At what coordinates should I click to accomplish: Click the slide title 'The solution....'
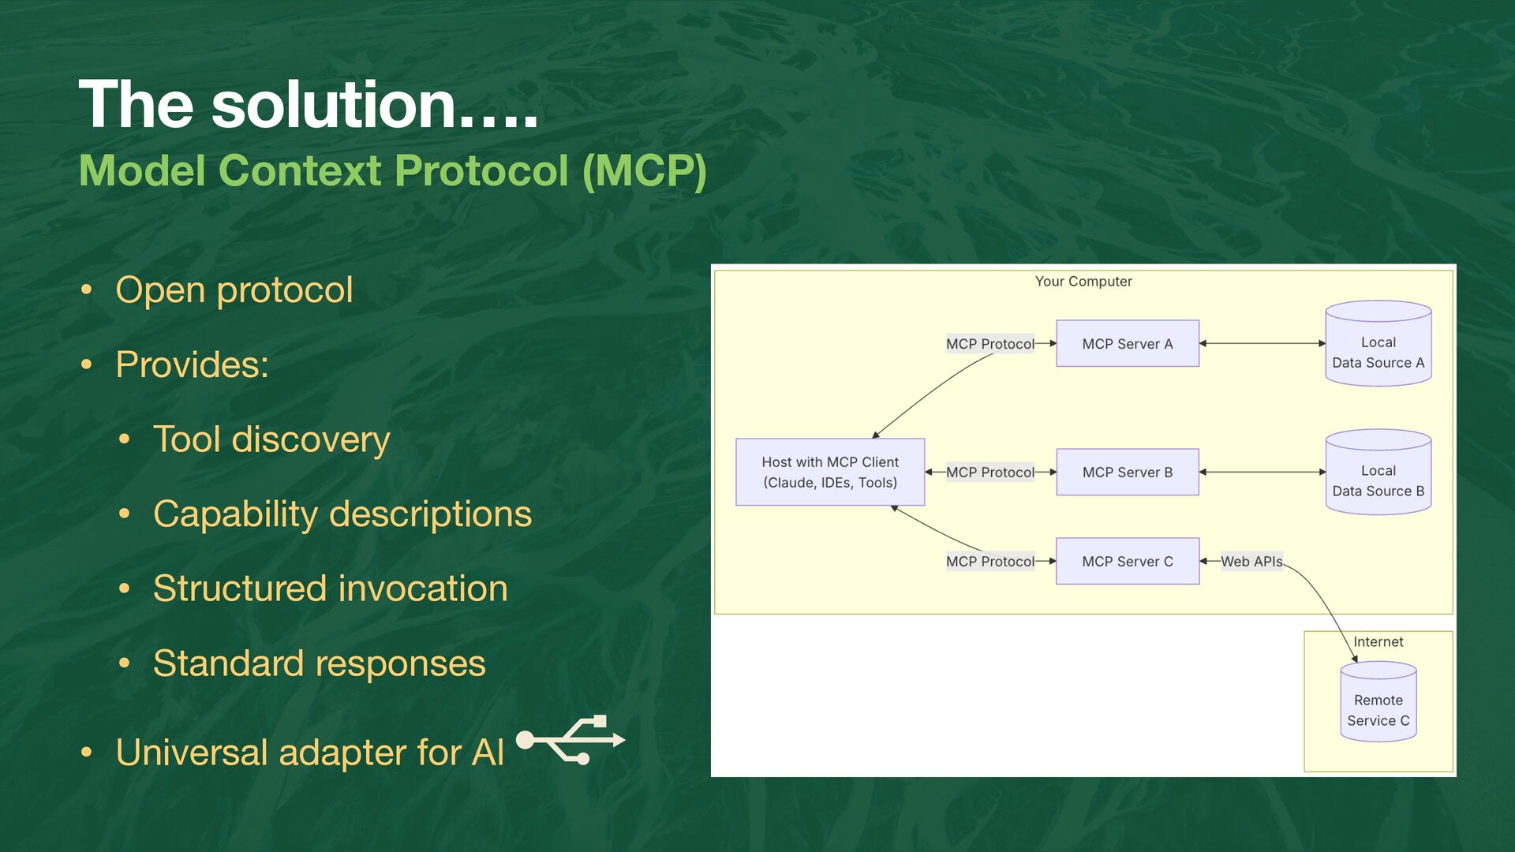pos(308,104)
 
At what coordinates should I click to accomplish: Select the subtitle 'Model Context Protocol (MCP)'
pos(392,170)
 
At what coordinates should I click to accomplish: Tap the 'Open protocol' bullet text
pos(234,290)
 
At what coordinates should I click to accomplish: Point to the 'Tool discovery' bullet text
pos(271,439)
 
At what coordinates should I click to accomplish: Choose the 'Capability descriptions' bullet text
pos(342,514)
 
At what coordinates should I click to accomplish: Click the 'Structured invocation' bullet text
pos(330,589)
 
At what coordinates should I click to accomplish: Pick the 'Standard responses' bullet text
pos(319,663)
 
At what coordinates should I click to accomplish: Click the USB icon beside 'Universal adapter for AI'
pos(570,740)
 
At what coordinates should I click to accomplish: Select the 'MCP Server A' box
pos(1127,344)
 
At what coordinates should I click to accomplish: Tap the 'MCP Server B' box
pos(1127,473)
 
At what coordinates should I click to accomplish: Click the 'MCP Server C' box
pos(1127,562)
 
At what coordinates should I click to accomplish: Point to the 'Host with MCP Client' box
pos(830,473)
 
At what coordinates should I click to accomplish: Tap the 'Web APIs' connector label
pos(1251,562)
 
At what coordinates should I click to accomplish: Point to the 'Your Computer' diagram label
pos(1083,282)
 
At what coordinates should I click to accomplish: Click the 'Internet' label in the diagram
pos(1378,642)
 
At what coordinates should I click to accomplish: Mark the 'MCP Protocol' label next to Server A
pos(989,344)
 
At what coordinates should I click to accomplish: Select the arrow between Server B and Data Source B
pos(1262,473)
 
